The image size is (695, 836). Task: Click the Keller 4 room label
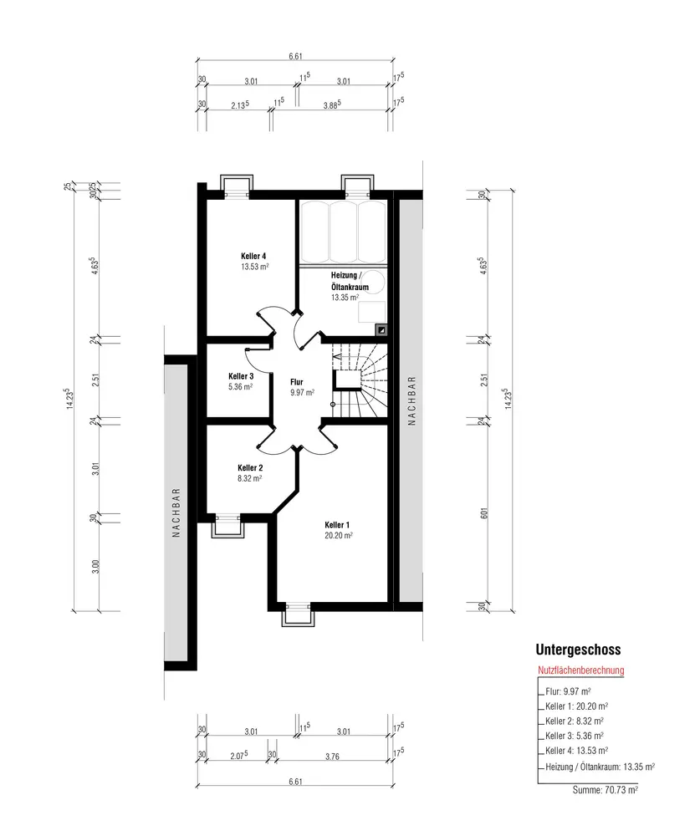click(x=253, y=256)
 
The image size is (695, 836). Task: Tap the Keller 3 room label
click(x=241, y=376)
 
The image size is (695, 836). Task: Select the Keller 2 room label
click(x=250, y=468)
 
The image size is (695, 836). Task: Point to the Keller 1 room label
click(x=337, y=525)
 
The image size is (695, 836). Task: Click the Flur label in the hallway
click(x=297, y=382)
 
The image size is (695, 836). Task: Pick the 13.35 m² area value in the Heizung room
click(x=345, y=298)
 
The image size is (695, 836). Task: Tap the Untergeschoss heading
click(x=578, y=650)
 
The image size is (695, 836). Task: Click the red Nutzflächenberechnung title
click(x=581, y=670)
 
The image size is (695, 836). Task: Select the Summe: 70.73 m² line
click(x=606, y=790)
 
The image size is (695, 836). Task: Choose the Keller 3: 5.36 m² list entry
click(x=575, y=736)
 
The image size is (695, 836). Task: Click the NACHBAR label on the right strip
click(x=411, y=401)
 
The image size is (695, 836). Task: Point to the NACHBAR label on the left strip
click(x=176, y=512)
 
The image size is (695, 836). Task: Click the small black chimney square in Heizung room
click(x=382, y=330)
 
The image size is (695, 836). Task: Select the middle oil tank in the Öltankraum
click(x=344, y=232)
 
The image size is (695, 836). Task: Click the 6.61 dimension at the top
click(x=295, y=56)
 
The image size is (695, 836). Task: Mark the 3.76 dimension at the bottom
click(x=332, y=757)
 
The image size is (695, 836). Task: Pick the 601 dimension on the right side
click(x=484, y=513)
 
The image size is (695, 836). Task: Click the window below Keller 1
click(x=299, y=614)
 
